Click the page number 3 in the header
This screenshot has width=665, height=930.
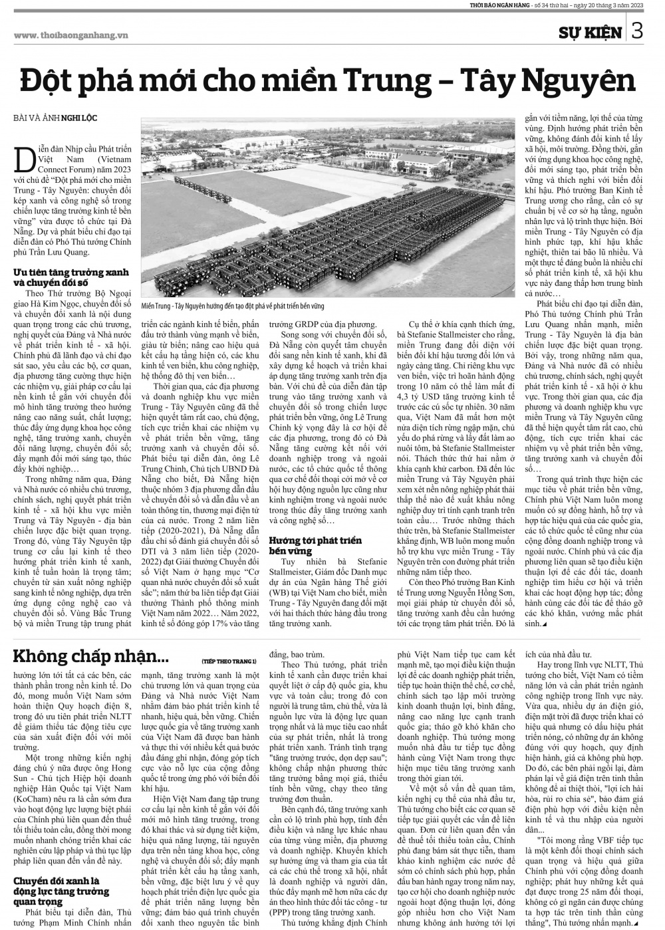[x=637, y=31]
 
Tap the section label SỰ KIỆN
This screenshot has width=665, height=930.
[x=591, y=33]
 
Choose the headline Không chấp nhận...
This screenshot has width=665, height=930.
[x=91, y=657]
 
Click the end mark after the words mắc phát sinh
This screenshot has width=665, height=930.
[x=545, y=625]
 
